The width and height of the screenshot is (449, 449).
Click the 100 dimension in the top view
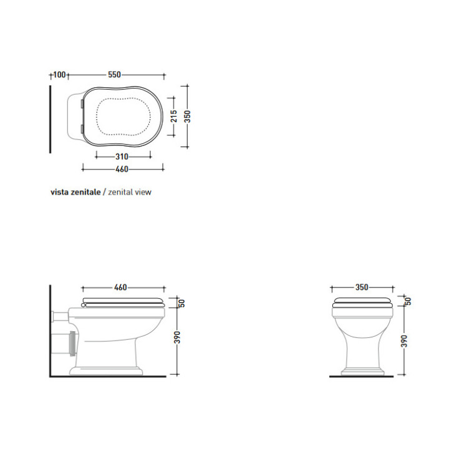pos(59,75)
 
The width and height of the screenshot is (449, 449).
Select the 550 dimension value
pos(114,75)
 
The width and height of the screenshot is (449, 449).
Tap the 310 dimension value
pos(122,157)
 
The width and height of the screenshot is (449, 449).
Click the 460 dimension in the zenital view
pos(122,169)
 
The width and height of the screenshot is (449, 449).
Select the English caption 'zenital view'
pos(130,192)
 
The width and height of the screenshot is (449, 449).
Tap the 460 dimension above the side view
pos(120,287)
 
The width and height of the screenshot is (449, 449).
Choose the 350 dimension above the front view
pos(362,287)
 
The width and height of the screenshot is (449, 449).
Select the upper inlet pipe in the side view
pos(59,315)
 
